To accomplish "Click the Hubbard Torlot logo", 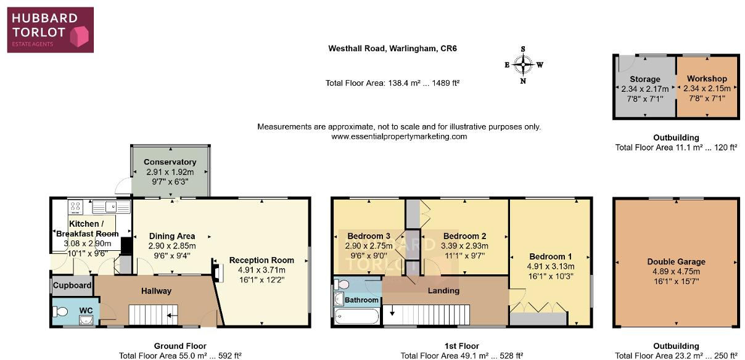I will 51,29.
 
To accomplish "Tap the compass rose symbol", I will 524,64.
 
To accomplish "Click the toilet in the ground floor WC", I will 62,311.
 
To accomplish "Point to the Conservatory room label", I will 170,162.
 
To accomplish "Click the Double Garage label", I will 676,261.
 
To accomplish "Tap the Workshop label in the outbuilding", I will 707,79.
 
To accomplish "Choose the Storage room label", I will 645,80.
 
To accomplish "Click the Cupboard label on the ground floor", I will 72,285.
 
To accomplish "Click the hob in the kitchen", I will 77,207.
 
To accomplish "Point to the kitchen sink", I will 111,207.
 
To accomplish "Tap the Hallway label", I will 156,291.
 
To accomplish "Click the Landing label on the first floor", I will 443,290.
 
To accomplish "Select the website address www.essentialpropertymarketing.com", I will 399,136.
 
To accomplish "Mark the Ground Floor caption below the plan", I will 180,346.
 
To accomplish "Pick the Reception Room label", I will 261,260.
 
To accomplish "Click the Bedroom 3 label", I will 369,236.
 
